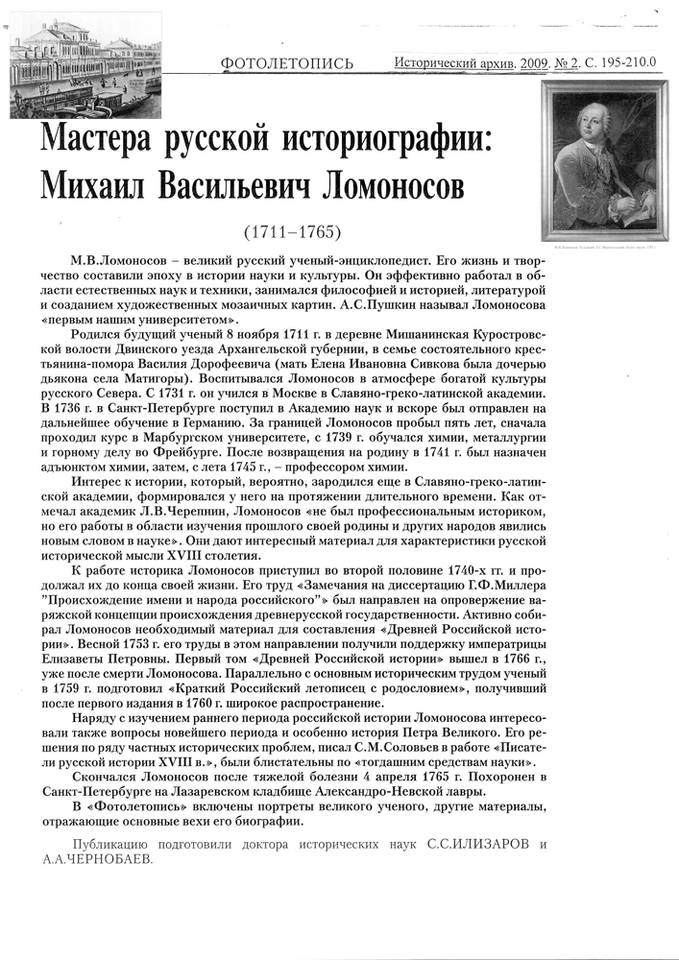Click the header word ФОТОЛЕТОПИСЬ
click(286, 64)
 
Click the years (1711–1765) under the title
click(292, 233)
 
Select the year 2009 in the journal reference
click(532, 62)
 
